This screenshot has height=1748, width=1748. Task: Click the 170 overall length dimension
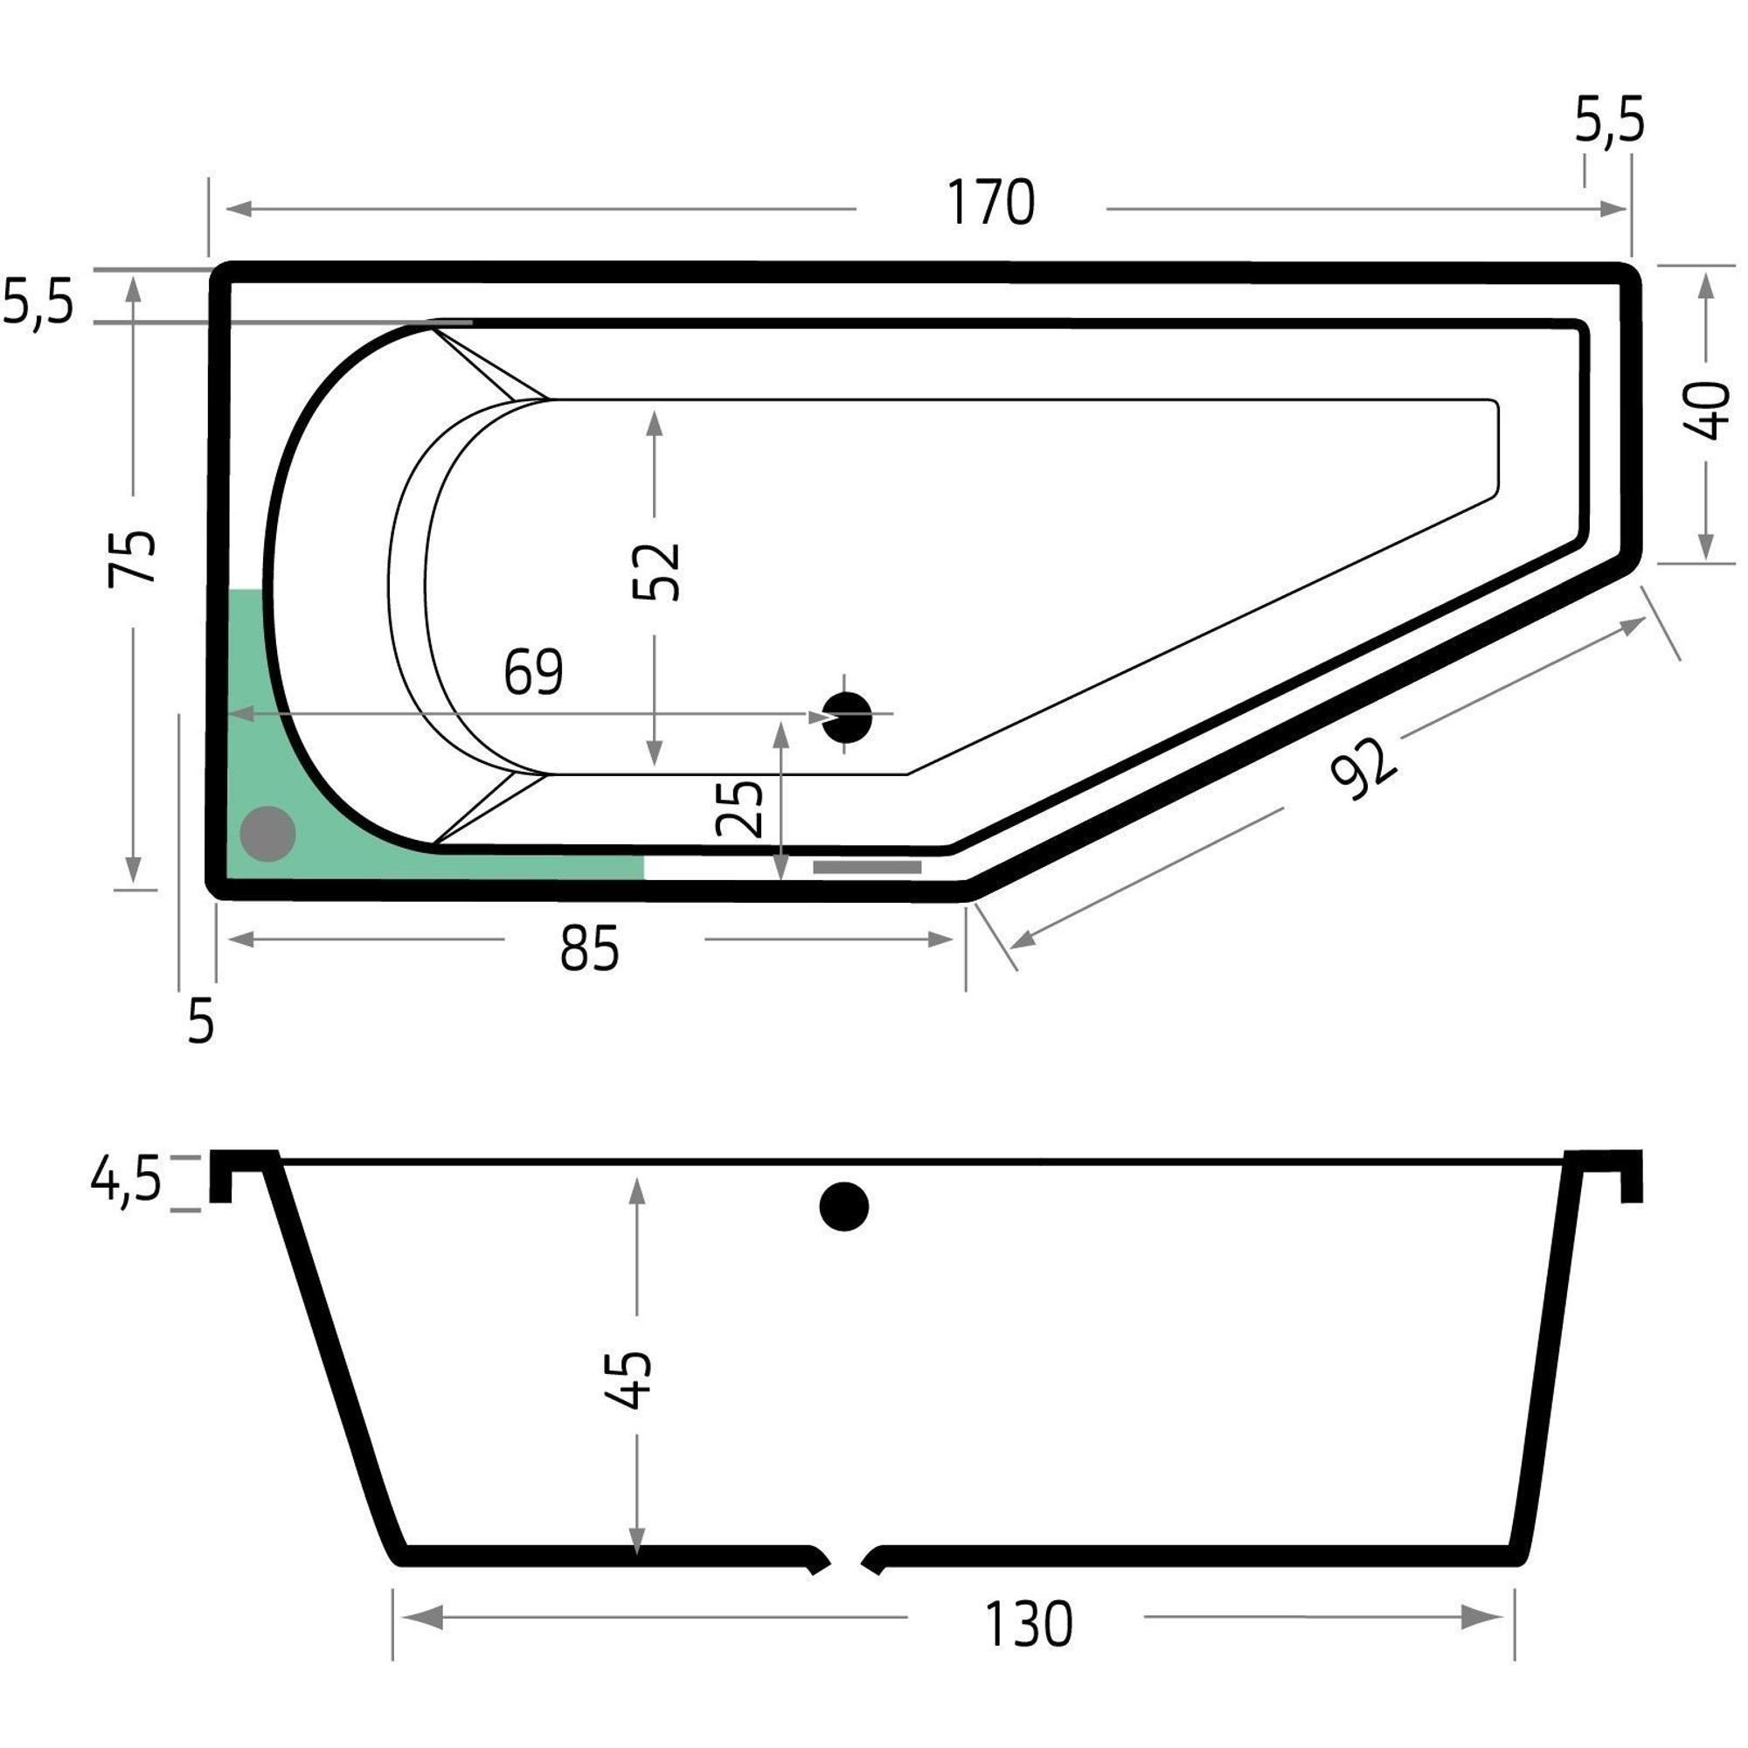tap(991, 203)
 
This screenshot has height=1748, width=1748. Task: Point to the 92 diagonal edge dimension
tap(1364, 768)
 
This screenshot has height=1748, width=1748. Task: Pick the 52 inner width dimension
tap(656, 572)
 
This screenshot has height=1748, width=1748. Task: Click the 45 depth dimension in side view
tap(627, 1380)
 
